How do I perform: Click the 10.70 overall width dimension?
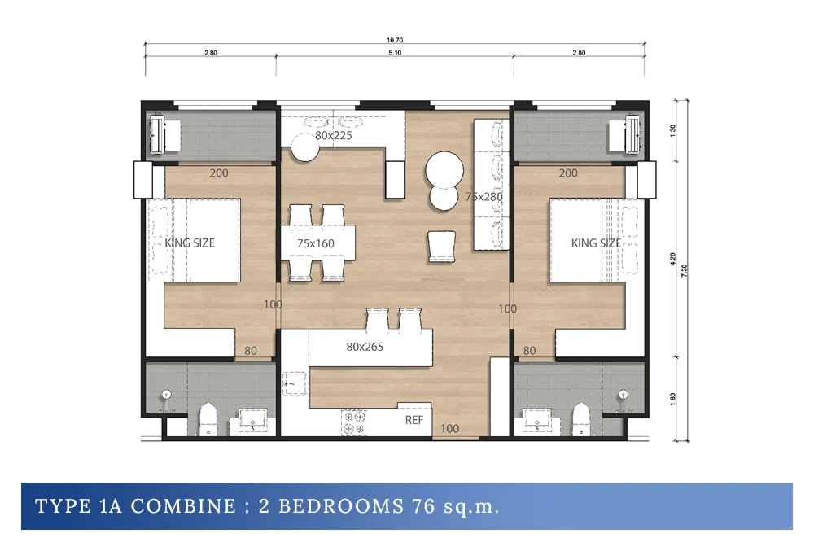coord(395,40)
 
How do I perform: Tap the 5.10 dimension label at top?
coord(395,52)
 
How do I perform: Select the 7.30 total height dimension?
coord(685,270)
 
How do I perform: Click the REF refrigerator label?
coord(414,420)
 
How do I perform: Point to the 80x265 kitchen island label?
coord(365,347)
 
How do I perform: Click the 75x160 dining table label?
coord(316,243)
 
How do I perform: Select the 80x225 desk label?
coord(333,135)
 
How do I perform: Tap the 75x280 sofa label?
coord(484,197)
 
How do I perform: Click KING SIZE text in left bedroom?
coord(190,243)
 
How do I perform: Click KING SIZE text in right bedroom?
coord(596,243)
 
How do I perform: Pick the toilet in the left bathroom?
coord(208,419)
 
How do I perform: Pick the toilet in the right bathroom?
coord(581,419)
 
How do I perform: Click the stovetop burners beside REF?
coord(353,422)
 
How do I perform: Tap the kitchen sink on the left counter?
coord(295,384)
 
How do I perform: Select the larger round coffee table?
coord(444,170)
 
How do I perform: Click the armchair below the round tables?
coord(442,246)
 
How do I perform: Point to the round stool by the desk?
coord(304,147)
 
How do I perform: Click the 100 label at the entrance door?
coord(449,429)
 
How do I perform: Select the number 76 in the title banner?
coord(423,506)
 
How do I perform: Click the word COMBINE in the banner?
coord(183,506)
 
